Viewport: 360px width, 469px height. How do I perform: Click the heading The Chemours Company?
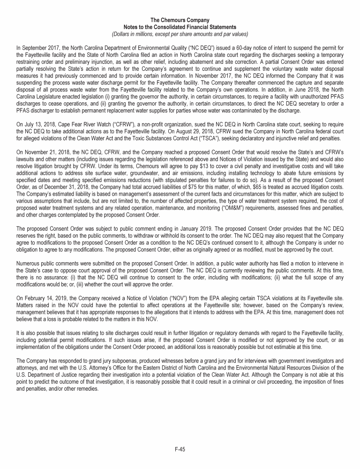(x=180, y=20)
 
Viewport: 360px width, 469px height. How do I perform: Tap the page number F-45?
(x=180, y=449)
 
